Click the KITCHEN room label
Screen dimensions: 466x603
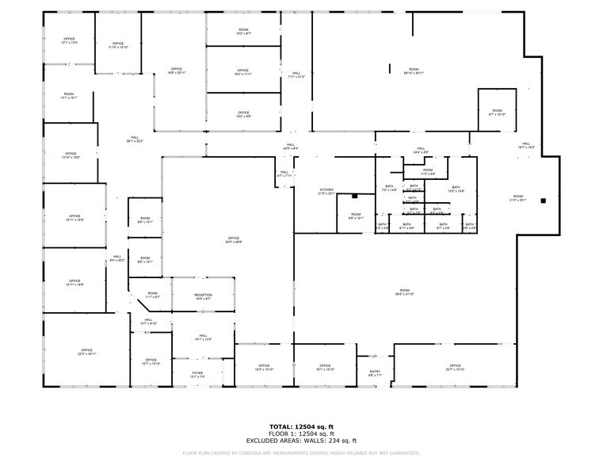[326, 191]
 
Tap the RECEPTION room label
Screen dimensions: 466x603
[203, 296]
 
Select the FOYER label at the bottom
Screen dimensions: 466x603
[199, 374]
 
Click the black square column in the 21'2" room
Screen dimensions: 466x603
[543, 201]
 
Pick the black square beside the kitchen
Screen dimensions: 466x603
[356, 196]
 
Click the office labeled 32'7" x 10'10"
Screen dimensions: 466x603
[455, 368]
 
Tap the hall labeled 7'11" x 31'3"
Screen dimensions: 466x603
[296, 76]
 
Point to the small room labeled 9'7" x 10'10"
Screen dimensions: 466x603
[497, 113]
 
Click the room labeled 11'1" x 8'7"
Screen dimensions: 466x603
[152, 296]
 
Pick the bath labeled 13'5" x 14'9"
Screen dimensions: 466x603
[434, 189]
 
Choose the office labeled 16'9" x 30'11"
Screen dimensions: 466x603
[176, 71]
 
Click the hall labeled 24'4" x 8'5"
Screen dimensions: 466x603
[421, 150]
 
